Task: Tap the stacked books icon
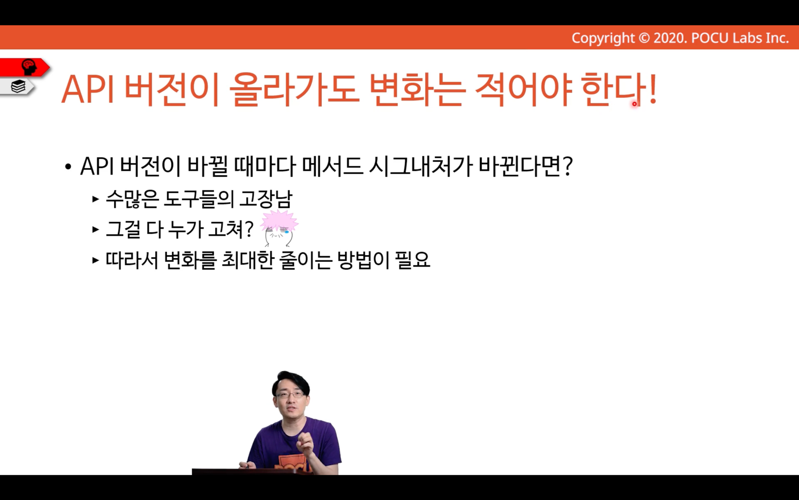(x=18, y=86)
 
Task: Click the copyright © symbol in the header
(x=644, y=38)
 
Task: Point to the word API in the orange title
(x=88, y=89)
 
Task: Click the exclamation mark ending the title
(x=653, y=89)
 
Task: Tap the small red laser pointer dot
(x=635, y=104)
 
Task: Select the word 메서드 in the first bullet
(x=332, y=167)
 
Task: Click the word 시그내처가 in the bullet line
(x=421, y=167)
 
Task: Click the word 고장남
(x=266, y=198)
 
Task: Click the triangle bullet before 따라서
(x=95, y=260)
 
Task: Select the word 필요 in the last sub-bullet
(x=412, y=260)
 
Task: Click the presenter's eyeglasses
(x=290, y=395)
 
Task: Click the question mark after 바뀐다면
(x=568, y=167)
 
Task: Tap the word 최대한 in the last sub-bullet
(x=248, y=260)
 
